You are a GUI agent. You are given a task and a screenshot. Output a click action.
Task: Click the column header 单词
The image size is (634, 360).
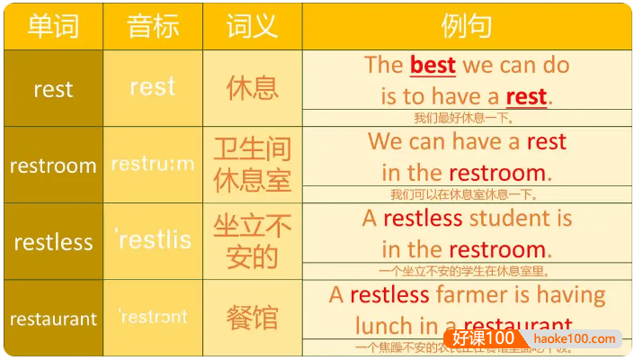click(x=53, y=25)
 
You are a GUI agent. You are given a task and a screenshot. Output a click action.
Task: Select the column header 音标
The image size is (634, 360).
click(x=153, y=25)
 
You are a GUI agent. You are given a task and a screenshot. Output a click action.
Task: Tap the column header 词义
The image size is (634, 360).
click(x=253, y=25)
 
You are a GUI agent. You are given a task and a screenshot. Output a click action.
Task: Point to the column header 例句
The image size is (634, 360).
click(x=467, y=25)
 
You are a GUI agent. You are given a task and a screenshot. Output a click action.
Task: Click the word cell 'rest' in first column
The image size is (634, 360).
click(x=53, y=89)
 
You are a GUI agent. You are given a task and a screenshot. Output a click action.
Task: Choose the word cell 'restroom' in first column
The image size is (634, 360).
click(x=53, y=166)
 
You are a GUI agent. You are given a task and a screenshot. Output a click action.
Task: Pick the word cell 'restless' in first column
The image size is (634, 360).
click(x=53, y=242)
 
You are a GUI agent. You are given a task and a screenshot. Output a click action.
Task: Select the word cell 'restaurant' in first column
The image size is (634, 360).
click(x=53, y=319)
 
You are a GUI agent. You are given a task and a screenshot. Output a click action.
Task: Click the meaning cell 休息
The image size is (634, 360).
click(x=253, y=88)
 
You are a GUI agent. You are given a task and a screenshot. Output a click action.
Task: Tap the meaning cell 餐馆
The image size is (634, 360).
click(x=253, y=318)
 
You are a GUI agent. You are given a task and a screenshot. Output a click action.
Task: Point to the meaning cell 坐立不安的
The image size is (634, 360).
click(x=253, y=241)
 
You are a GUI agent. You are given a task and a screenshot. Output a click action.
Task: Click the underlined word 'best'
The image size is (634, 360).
click(x=433, y=65)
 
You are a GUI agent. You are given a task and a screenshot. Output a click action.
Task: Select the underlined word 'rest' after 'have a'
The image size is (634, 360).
click(x=527, y=95)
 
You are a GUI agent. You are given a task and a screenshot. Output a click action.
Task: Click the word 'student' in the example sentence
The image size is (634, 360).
click(x=509, y=218)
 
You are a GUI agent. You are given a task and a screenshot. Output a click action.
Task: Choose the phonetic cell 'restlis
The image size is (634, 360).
click(x=153, y=239)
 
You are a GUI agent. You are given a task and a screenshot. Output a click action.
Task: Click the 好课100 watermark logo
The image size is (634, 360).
click(x=484, y=338)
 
